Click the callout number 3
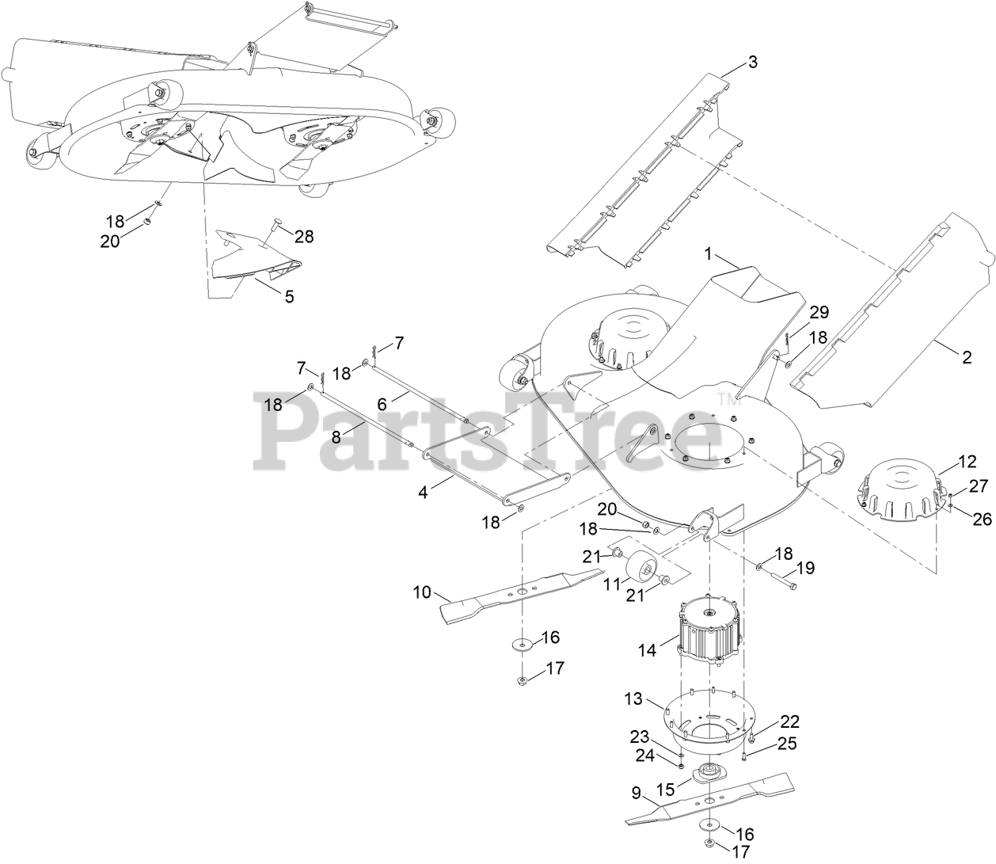point(752,62)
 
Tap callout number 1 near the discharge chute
point(709,254)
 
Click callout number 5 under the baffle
point(289,296)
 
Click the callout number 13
point(633,698)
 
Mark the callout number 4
point(423,492)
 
